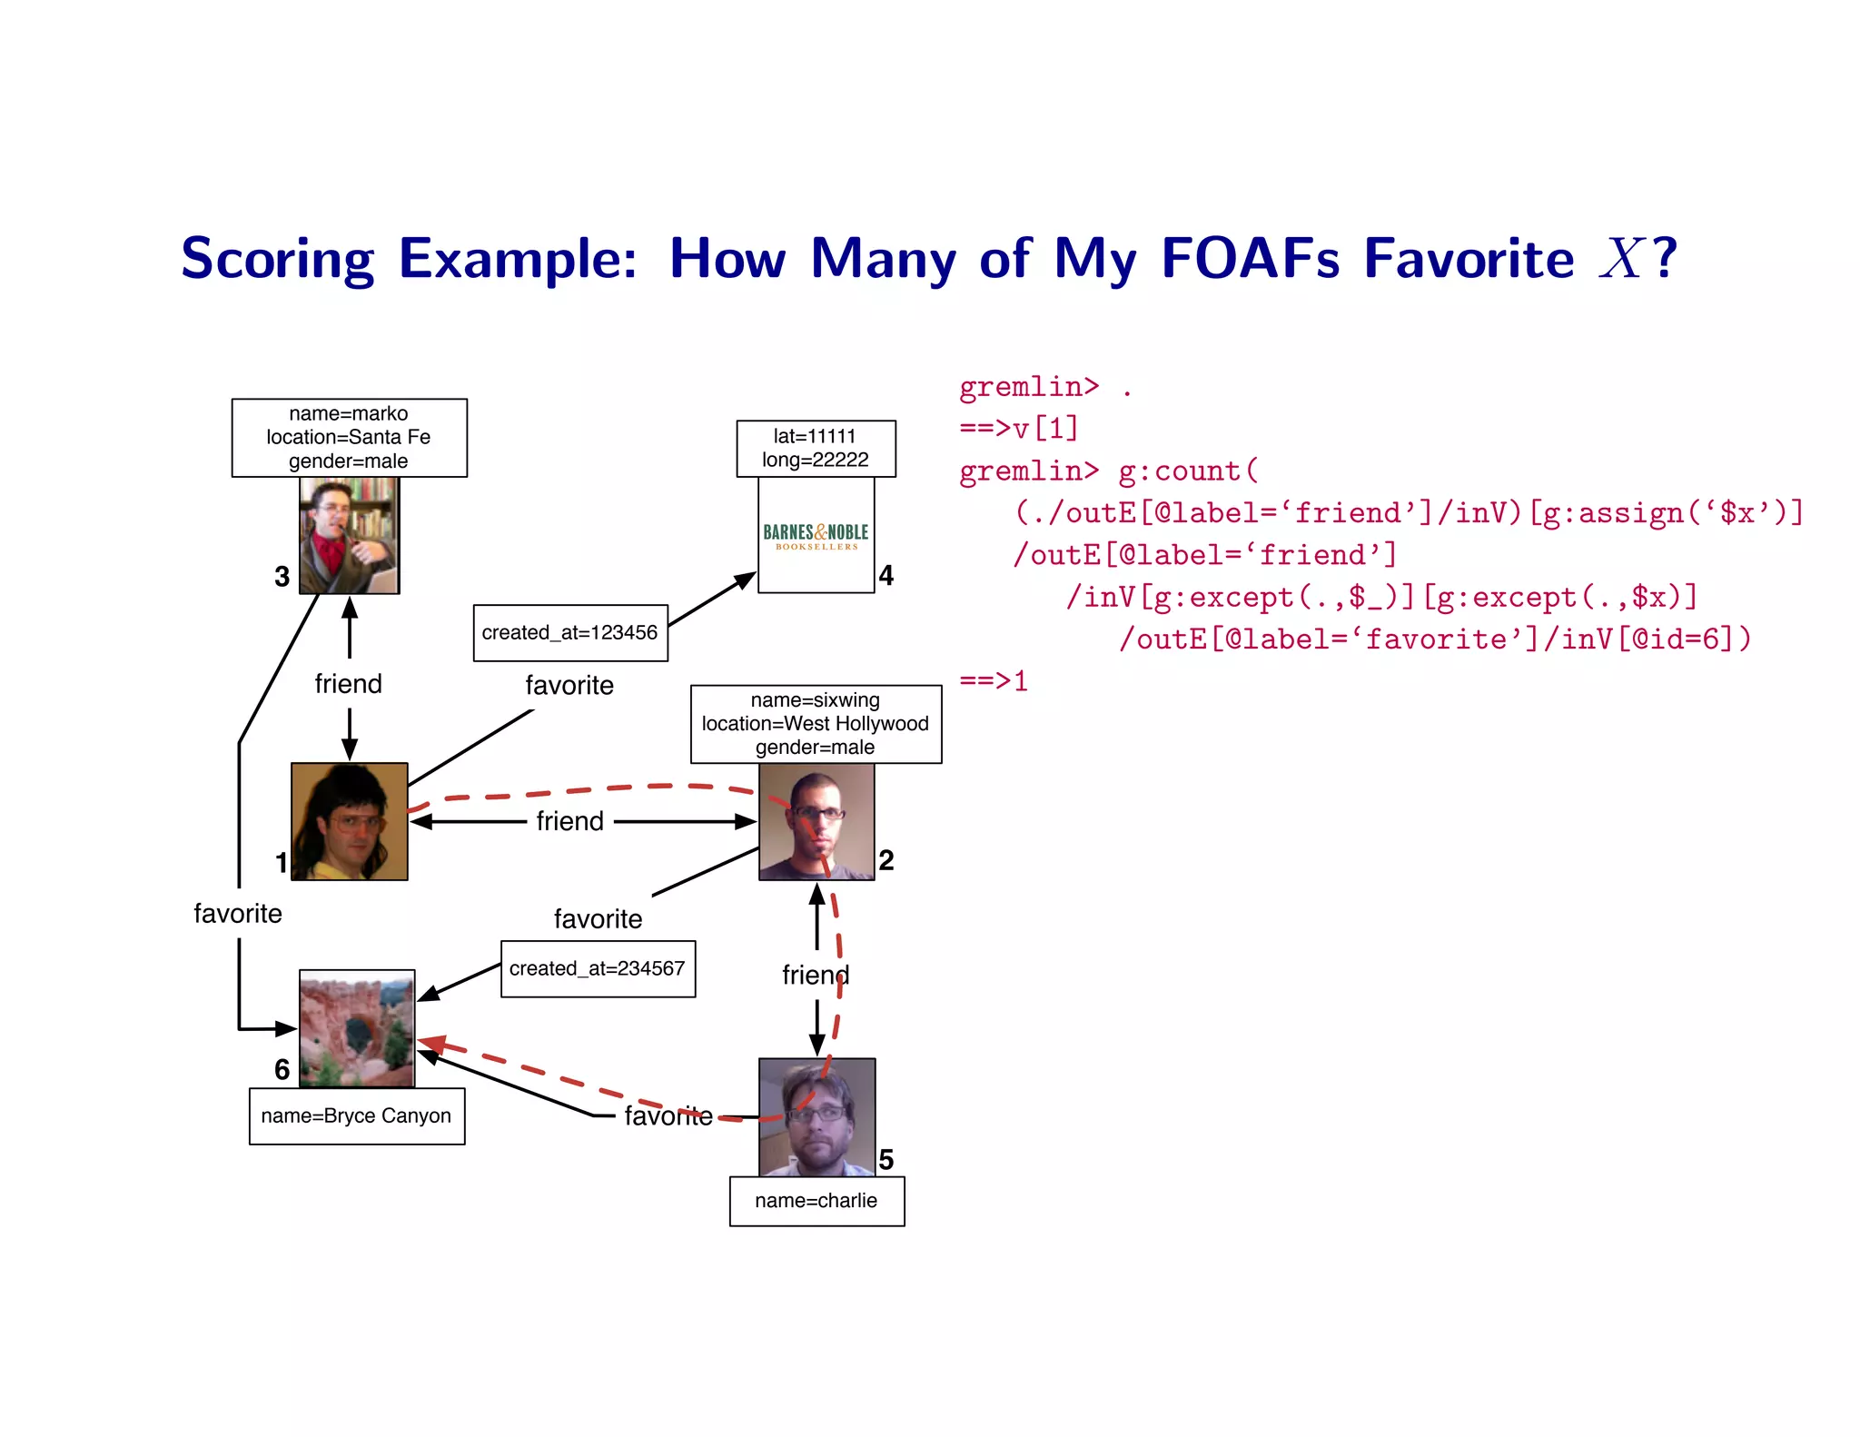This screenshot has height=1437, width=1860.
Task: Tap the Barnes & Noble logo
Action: tap(816, 536)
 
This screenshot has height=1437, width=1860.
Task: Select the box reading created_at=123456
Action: tap(570, 633)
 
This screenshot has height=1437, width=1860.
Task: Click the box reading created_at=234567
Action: tap(598, 969)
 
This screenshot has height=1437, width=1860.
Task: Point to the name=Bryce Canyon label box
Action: tap(356, 1116)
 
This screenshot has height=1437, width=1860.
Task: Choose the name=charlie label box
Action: tap(816, 1201)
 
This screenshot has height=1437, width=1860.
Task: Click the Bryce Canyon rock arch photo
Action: tap(357, 1028)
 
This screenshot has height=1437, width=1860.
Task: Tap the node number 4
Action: tap(886, 576)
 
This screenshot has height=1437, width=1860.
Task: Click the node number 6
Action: tap(282, 1070)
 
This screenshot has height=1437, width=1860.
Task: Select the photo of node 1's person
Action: tap(349, 821)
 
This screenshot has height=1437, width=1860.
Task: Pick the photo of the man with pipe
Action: tap(349, 536)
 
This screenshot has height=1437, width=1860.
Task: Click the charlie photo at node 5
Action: tap(816, 1117)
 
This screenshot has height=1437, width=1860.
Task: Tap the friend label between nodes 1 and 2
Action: tap(569, 821)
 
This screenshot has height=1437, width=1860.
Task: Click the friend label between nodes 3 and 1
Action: tap(348, 684)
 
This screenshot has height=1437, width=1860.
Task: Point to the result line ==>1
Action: tap(994, 681)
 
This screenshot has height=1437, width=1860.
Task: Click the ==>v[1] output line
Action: tap(1018, 428)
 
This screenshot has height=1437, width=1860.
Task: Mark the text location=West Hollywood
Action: tap(815, 724)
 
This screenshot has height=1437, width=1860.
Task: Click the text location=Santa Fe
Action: tap(348, 437)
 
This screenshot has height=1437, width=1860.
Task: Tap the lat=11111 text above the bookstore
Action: tap(815, 437)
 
